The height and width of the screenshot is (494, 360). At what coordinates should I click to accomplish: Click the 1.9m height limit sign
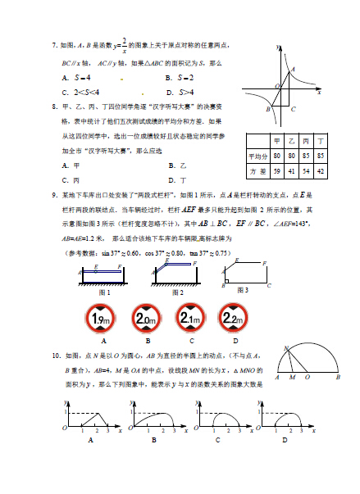pyautogui.click(x=103, y=317)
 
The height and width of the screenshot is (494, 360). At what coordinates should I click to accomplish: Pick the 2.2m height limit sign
pyautogui.click(x=234, y=317)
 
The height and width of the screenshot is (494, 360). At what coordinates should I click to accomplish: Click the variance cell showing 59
pyautogui.click(x=279, y=170)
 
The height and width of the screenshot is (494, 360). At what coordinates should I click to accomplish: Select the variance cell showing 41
pyautogui.click(x=293, y=170)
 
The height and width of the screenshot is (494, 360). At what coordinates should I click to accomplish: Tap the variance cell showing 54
pyautogui.click(x=307, y=170)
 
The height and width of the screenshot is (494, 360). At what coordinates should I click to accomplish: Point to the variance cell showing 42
pyautogui.click(x=321, y=170)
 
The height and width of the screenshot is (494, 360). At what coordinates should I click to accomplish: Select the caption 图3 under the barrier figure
pyautogui.click(x=242, y=290)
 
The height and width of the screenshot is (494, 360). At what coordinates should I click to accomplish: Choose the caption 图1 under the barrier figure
pyautogui.click(x=104, y=291)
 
